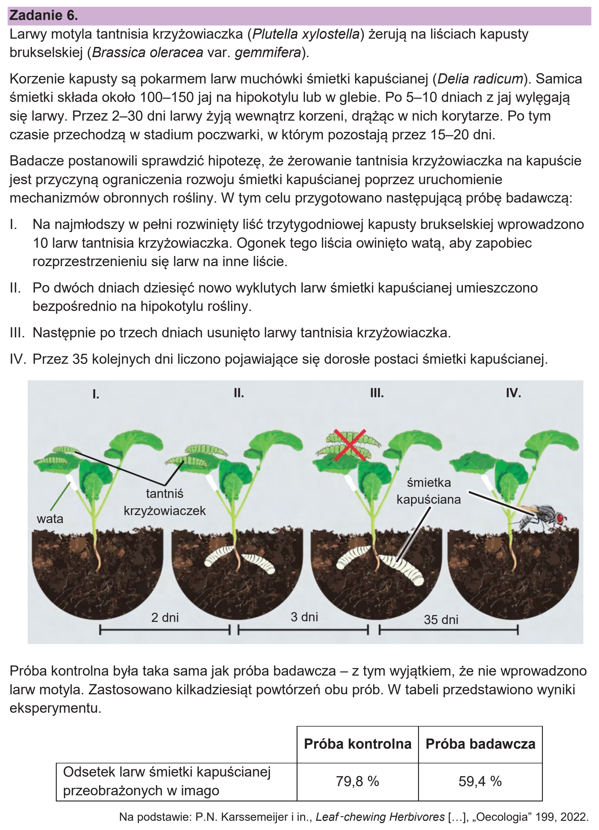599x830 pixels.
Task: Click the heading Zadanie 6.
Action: pos(44,15)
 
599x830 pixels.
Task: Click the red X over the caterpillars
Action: pos(350,445)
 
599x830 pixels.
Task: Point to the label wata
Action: pos(50,518)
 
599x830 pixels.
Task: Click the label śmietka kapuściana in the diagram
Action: pos(428,491)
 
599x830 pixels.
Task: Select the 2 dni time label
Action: pos(165,617)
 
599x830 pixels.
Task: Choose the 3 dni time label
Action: pos(304,617)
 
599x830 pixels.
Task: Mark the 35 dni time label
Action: pos(441,619)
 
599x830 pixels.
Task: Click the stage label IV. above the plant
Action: pos(513,393)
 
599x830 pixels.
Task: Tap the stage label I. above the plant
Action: pos(96,394)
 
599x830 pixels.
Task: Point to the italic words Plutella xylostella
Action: pos(306,34)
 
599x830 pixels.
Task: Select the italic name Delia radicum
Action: pos(480,79)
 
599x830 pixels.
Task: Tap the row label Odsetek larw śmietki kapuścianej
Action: pos(167,772)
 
